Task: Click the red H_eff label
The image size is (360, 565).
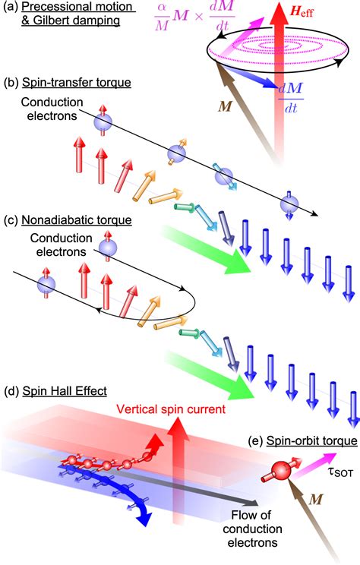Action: (x=302, y=13)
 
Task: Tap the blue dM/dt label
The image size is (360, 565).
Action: (x=291, y=98)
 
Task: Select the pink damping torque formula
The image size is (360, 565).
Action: (x=195, y=17)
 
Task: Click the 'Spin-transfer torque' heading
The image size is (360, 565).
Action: (x=77, y=83)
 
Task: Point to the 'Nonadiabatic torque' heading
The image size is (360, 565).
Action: (x=77, y=219)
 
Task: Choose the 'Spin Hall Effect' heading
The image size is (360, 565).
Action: (x=65, y=391)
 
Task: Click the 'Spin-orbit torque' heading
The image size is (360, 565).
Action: (x=312, y=440)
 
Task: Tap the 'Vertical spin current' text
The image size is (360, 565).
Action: (x=171, y=409)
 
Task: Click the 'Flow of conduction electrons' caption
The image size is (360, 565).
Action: (x=252, y=529)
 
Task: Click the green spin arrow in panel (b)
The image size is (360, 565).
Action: (x=184, y=207)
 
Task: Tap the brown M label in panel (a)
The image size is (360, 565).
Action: (x=225, y=107)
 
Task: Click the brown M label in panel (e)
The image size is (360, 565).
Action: (x=316, y=500)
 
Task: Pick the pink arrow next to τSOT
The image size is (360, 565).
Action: (x=314, y=465)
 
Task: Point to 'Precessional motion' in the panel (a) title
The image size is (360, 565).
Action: (x=78, y=7)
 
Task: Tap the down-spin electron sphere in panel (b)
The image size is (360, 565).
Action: (x=289, y=204)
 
